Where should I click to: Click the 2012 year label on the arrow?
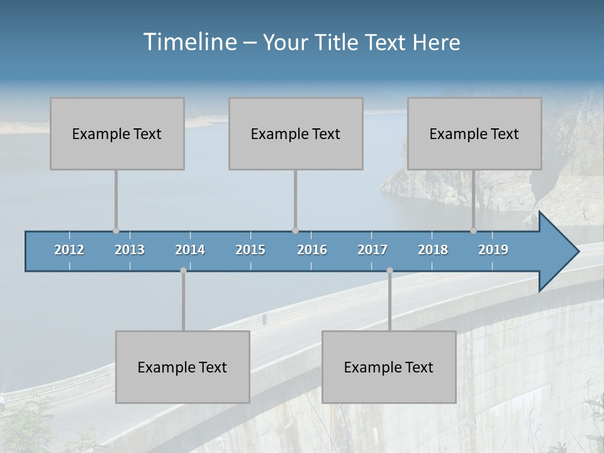(69, 250)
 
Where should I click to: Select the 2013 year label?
(130, 250)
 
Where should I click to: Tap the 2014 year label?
(190, 250)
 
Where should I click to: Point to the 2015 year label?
(250, 250)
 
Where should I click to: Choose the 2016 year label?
(312, 250)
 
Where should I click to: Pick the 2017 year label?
(372, 250)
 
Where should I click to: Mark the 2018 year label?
(433, 250)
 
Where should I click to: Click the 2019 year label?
(493, 250)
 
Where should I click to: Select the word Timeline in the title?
(189, 42)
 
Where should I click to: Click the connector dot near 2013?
(116, 231)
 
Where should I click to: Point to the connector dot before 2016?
(295, 231)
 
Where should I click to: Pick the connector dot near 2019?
(473, 231)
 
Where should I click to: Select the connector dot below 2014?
(183, 271)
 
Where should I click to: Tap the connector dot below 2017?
(389, 271)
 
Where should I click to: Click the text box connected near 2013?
(117, 133)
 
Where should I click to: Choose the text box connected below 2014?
(182, 367)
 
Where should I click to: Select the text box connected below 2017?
(389, 367)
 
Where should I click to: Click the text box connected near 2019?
(474, 133)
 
